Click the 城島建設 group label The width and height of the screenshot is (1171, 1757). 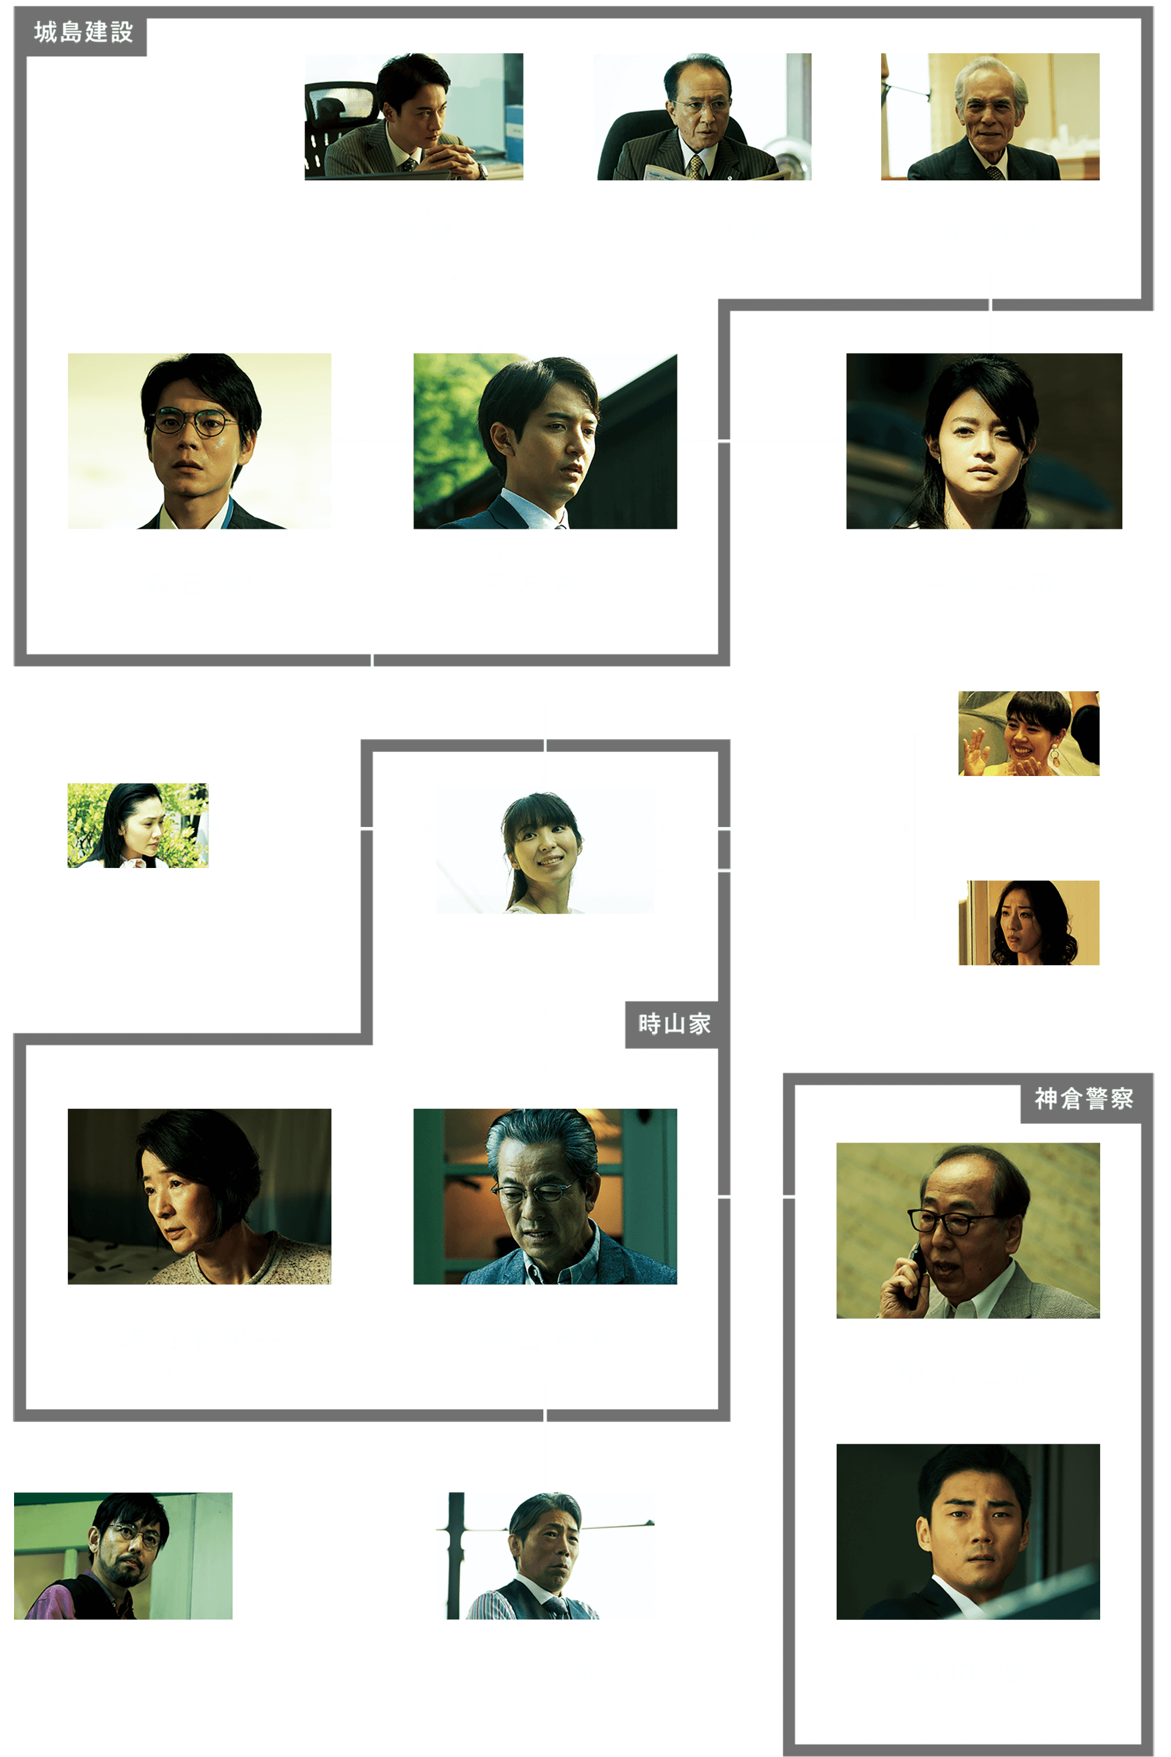coord(83,32)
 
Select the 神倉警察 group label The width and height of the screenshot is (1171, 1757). coord(1084,1098)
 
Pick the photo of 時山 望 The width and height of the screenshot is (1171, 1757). coord(545,850)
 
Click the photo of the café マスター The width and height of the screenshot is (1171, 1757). coord(123,1556)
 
